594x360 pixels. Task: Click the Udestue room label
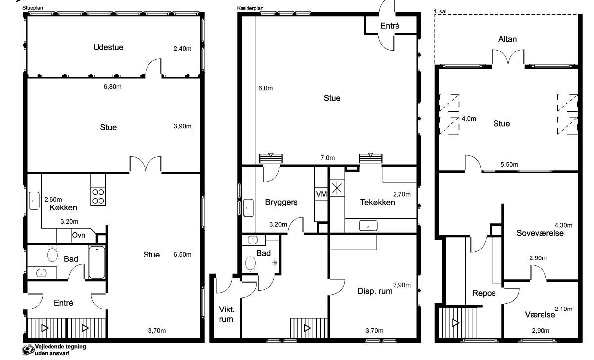(108, 47)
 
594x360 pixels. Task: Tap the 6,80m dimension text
(113, 87)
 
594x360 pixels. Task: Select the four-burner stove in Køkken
(98, 196)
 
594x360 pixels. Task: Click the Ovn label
(79, 235)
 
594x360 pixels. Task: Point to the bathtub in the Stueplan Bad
(97, 262)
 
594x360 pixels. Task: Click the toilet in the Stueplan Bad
(52, 254)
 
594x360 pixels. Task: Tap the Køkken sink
(34, 201)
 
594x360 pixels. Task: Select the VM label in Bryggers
(321, 194)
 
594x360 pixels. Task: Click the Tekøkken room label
(377, 203)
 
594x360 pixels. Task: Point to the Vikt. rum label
(227, 314)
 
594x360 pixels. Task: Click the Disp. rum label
(375, 291)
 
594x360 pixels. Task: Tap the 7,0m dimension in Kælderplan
(328, 158)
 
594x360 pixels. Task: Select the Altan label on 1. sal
(507, 39)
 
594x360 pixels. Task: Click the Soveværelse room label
(540, 233)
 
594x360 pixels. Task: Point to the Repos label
(484, 293)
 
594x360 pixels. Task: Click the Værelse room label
(540, 315)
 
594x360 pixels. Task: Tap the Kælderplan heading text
(250, 8)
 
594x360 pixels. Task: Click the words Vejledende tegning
(60, 347)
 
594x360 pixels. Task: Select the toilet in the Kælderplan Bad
(250, 264)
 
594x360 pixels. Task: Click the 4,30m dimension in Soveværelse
(563, 225)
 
